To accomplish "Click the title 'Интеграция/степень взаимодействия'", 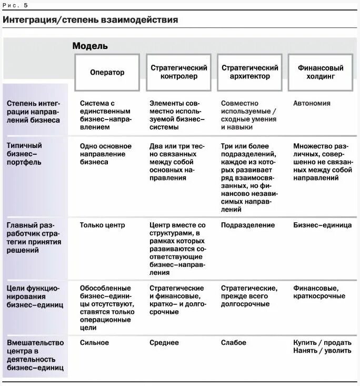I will click(90, 20).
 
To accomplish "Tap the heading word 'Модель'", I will click(90, 46).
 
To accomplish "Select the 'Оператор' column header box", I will click(107, 72).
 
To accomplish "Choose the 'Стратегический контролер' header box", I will click(179, 72).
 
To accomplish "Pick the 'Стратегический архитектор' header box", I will click(250, 72).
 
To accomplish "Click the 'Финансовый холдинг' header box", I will click(321, 72).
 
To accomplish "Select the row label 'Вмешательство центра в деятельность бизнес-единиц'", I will click(35, 355).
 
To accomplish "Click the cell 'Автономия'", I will click(312, 103).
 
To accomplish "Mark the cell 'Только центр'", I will click(103, 225).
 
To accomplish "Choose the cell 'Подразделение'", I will click(248, 225).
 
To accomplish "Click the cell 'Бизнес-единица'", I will click(322, 225).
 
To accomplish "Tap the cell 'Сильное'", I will click(94, 343).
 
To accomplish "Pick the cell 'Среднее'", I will click(164, 343).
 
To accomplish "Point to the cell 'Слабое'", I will click(233, 343).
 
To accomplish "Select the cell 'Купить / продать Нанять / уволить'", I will click(322, 347).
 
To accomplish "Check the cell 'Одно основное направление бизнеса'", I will click(105, 154).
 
